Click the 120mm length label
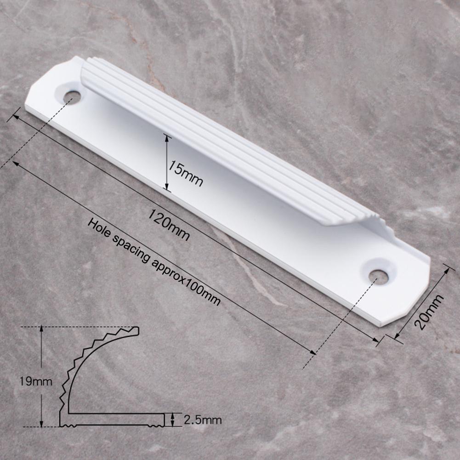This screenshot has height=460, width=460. pyautogui.click(x=168, y=224)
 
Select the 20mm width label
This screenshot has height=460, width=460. pyautogui.click(x=429, y=312)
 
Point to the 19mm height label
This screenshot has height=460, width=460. pyautogui.click(x=36, y=382)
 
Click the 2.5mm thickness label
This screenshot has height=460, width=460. pyautogui.click(x=202, y=420)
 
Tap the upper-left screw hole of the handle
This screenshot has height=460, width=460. pyautogui.click(x=72, y=97)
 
